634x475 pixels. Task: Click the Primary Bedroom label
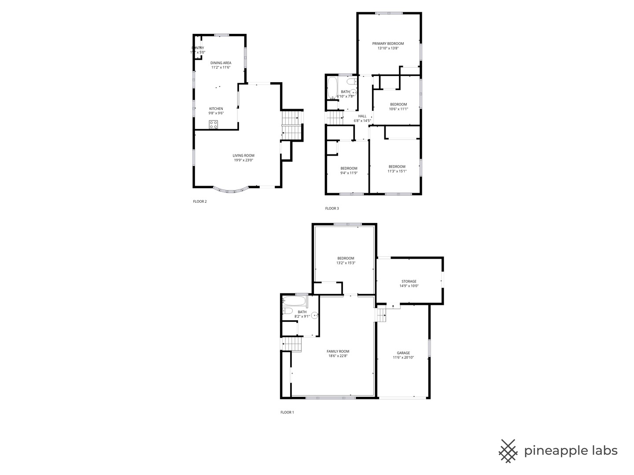(x=388, y=44)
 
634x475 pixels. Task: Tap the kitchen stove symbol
(x=214, y=124)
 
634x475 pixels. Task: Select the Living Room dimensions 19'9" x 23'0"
(x=243, y=161)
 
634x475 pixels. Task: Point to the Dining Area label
(x=221, y=63)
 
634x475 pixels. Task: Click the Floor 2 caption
(x=199, y=201)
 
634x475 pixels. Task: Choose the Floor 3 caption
(x=332, y=208)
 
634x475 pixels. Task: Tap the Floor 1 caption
(x=287, y=413)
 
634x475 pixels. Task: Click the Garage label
(x=403, y=353)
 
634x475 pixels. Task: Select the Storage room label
(x=409, y=281)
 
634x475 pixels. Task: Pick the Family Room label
(x=338, y=351)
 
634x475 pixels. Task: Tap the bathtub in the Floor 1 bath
(x=295, y=301)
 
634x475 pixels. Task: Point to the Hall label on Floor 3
(x=362, y=116)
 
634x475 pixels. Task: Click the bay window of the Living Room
(x=231, y=190)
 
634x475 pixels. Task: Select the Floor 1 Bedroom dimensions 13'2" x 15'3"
(x=346, y=263)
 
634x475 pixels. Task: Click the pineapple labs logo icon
(x=508, y=451)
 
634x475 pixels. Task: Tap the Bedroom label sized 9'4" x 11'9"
(x=349, y=168)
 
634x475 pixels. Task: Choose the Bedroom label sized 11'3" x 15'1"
(x=397, y=166)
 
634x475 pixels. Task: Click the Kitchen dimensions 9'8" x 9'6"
(x=216, y=113)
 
